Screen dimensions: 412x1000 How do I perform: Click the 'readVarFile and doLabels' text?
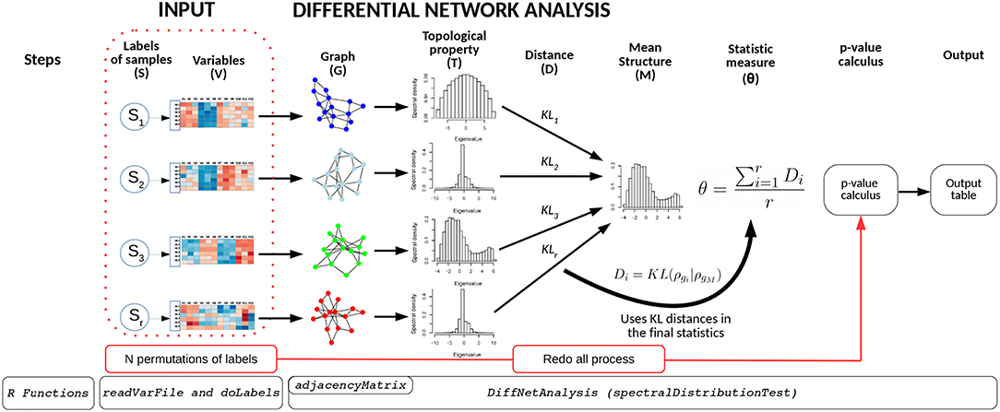click(x=192, y=392)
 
